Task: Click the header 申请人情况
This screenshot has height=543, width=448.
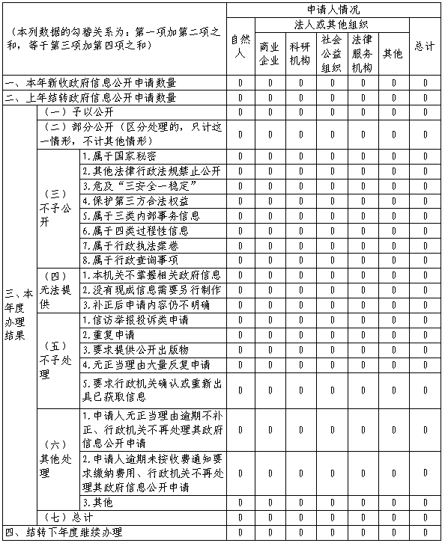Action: (332, 9)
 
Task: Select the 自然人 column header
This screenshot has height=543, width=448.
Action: (240, 46)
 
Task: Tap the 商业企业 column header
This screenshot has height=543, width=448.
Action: (270, 53)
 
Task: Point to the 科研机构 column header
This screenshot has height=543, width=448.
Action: (300, 53)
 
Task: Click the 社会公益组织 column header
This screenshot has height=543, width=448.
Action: (331, 53)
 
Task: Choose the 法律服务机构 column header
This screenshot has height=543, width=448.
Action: (362, 53)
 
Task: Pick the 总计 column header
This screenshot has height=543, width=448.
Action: (425, 46)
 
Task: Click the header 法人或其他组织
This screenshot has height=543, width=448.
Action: (332, 24)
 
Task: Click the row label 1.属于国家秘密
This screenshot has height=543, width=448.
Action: (120, 156)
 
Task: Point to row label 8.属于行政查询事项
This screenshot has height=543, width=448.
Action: (130, 260)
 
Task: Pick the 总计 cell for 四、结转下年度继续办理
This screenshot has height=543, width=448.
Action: (425, 532)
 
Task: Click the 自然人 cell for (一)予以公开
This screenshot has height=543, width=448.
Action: (240, 112)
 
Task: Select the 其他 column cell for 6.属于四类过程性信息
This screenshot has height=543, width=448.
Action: (393, 230)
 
